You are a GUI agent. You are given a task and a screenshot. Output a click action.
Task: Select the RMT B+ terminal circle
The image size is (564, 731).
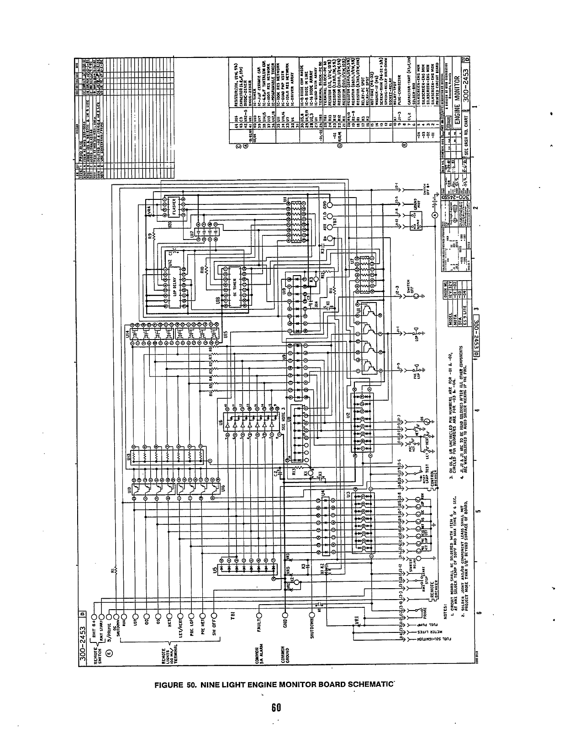pyautogui.click(x=94, y=608)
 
